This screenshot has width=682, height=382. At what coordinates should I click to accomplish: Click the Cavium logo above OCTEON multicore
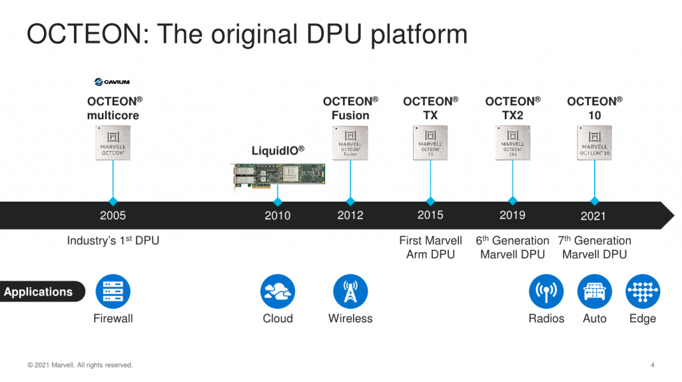(x=112, y=82)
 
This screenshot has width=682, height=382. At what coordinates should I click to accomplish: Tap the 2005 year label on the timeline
(x=113, y=216)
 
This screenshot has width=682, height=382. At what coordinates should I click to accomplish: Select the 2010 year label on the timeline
(x=278, y=216)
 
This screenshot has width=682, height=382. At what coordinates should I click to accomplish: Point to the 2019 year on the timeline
(x=512, y=215)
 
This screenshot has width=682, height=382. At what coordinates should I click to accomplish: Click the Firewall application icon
(x=113, y=291)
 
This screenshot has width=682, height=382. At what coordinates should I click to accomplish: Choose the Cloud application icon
(x=278, y=291)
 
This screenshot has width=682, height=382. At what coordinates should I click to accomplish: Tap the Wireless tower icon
(x=350, y=291)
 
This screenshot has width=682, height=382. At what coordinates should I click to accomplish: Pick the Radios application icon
(x=546, y=291)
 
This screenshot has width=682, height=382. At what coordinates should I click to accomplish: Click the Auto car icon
(x=595, y=291)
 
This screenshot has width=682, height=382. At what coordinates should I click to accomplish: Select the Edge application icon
(x=643, y=291)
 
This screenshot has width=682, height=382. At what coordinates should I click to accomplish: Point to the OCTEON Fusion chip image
(x=350, y=142)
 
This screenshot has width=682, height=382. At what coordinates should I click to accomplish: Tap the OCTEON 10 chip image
(x=595, y=142)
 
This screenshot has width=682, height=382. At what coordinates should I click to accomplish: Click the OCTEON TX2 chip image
(x=513, y=142)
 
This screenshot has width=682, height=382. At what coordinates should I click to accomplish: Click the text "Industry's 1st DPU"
(x=113, y=241)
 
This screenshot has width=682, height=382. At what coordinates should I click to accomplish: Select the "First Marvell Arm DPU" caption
(x=430, y=248)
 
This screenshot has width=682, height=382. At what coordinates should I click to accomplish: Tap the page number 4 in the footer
(x=652, y=365)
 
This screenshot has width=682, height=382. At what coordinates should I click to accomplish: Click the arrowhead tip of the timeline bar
(x=671, y=215)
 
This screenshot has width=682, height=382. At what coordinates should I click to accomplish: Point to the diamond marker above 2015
(x=430, y=201)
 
